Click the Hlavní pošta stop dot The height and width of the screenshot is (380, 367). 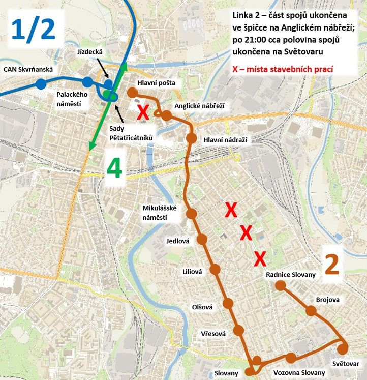132,92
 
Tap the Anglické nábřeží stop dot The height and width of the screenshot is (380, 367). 166,115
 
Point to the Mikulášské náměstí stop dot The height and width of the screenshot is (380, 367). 192,214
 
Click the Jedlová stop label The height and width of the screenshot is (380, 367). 177,241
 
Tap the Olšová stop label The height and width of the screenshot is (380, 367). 202,307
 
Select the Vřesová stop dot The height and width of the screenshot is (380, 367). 239,331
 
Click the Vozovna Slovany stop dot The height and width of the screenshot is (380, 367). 290,358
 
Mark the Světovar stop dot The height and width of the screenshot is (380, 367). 343,348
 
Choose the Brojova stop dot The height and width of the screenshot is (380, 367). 311,310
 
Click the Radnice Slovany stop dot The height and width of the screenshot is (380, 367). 281,285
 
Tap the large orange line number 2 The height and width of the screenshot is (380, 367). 332,265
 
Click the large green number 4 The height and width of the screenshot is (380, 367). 114,169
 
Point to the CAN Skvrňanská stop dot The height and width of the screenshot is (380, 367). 40,84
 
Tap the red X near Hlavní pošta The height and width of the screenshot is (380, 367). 143,112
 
